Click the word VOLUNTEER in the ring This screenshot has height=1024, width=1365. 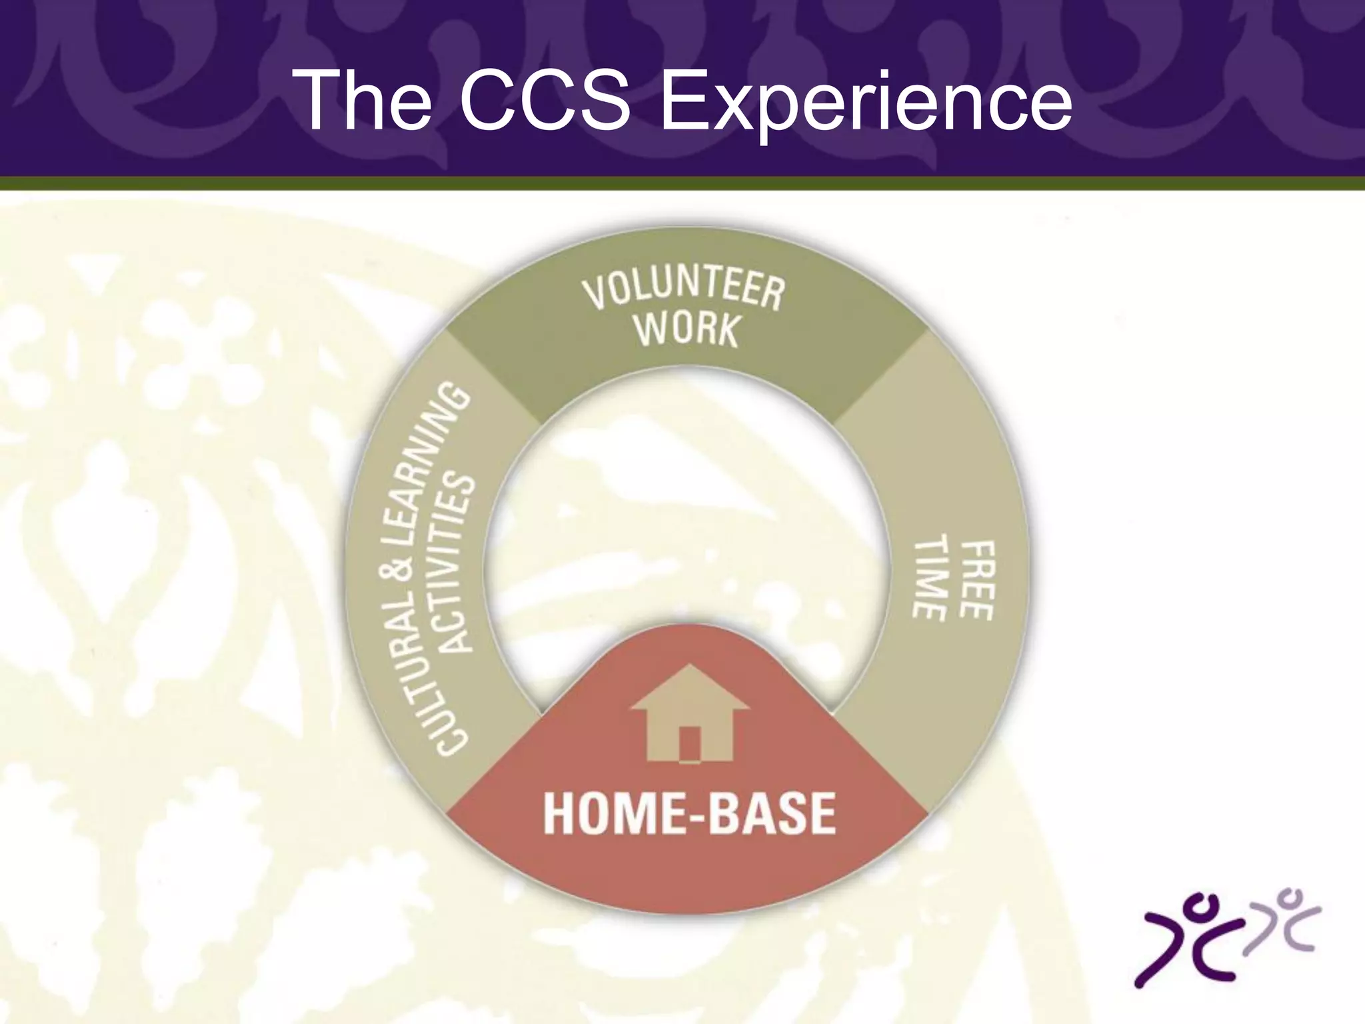click(x=684, y=291)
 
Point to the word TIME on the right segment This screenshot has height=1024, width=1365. click(x=930, y=577)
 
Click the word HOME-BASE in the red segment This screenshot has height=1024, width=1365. click(x=689, y=814)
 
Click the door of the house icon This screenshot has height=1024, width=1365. click(x=690, y=743)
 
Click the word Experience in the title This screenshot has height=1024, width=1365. click(x=865, y=101)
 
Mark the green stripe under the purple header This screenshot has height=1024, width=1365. click(x=682, y=183)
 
